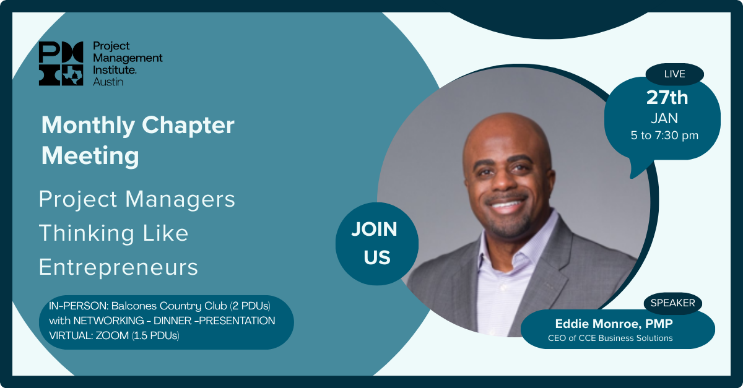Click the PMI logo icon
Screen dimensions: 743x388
61,63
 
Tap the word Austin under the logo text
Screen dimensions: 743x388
108,82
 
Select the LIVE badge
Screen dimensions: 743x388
675,74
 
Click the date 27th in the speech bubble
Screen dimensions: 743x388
667,98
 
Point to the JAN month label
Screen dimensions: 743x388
664,118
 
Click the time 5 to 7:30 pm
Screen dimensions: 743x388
664,136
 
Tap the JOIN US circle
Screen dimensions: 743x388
377,244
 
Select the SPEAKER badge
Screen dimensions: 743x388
672,303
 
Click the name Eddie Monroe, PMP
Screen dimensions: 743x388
614,324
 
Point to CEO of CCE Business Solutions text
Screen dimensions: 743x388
610,338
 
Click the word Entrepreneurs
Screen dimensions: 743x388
118,267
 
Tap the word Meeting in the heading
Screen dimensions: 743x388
90,155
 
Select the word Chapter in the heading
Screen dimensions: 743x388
188,126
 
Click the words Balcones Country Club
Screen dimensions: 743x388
169,306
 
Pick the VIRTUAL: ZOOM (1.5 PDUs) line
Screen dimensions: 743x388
114,335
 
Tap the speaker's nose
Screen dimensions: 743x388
503,179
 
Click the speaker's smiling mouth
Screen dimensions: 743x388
506,203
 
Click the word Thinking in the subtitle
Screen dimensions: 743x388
87,233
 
